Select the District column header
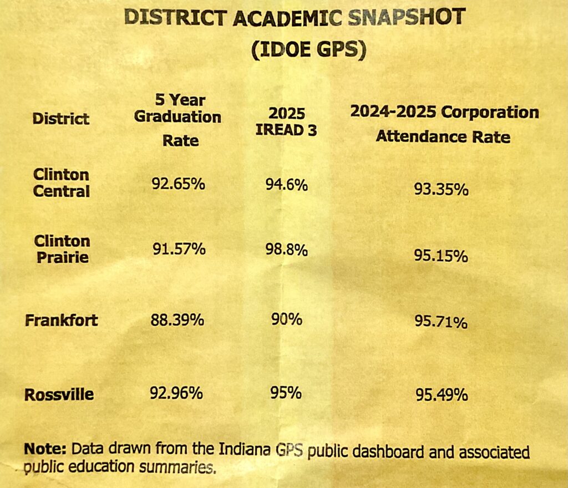[x=60, y=118]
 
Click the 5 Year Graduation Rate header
[x=178, y=120]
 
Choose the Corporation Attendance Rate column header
[x=443, y=124]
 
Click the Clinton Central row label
[x=61, y=183]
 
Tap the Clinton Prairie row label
[x=62, y=249]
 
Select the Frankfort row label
[x=61, y=320]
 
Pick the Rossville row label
[x=59, y=395]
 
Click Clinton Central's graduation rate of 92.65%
[x=179, y=183]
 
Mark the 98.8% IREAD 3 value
[x=286, y=250]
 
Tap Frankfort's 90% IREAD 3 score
[x=286, y=320]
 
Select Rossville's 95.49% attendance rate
[x=442, y=395]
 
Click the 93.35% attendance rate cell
[x=442, y=190]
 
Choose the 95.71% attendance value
[x=442, y=322]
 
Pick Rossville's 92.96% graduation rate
[x=176, y=394]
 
